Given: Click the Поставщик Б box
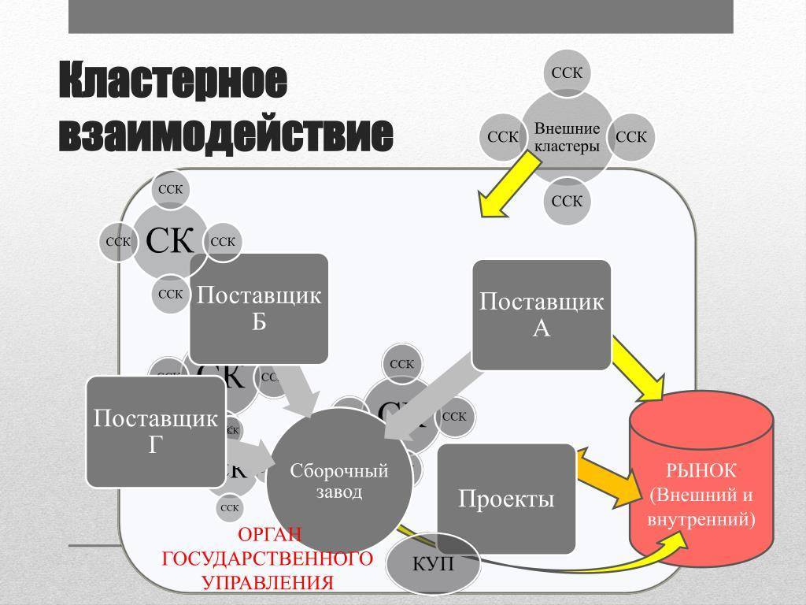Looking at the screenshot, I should point(258,308).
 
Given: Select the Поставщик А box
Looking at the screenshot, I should point(541,314).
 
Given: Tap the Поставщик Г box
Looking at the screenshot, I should point(155,431).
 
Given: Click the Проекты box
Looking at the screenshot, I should point(506,499).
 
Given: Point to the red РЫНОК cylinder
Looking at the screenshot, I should point(701,481).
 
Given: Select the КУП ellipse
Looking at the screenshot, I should point(433,564).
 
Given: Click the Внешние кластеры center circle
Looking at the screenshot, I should point(567,137).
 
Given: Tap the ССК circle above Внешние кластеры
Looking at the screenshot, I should point(567,73).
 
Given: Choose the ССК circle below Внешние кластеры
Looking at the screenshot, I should point(567,201).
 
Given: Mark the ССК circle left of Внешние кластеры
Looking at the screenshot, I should point(503,137).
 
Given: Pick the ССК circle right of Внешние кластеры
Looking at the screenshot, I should point(631,137).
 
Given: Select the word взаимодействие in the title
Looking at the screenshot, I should point(225,135).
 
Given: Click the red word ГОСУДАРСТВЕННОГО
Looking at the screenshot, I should point(267,559).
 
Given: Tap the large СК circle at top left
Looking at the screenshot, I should point(170,241).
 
